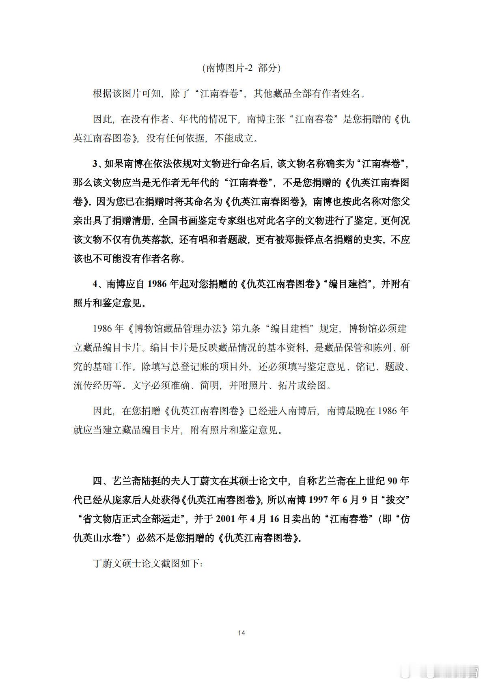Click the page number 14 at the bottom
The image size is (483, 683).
pos(242,633)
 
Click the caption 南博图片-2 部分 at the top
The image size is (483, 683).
pos(242,68)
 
